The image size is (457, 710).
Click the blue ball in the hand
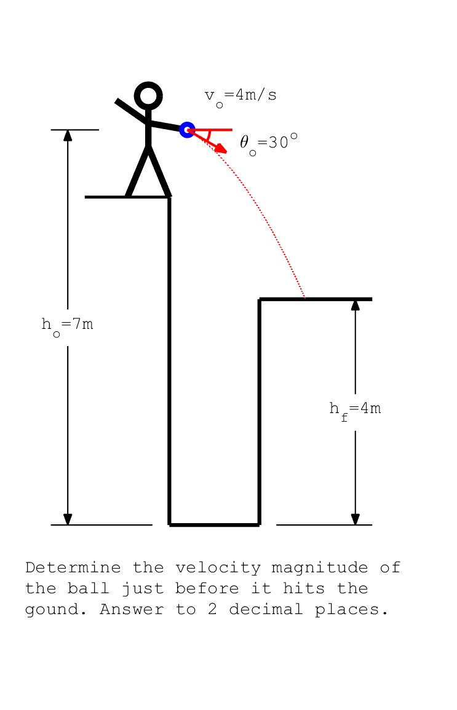coord(187,130)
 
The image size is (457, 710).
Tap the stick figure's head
coord(148,96)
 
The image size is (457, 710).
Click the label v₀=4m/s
coord(240,96)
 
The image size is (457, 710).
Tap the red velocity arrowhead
coord(223,149)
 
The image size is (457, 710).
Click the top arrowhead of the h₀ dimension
coord(68,136)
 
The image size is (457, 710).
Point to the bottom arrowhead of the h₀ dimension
coord(68,519)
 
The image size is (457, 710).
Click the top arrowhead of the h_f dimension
coord(355,305)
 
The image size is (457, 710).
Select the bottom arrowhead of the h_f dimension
coord(355,519)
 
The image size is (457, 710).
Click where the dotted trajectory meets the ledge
coord(305,299)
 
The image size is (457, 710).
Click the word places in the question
coord(352,609)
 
